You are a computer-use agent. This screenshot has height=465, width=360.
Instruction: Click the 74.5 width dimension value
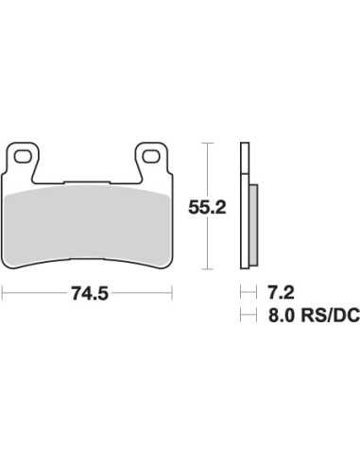(90, 293)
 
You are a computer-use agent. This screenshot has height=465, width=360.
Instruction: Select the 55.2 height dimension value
(207, 207)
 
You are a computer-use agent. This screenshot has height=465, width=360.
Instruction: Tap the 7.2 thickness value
(281, 292)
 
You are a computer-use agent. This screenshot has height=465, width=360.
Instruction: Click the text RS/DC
(330, 315)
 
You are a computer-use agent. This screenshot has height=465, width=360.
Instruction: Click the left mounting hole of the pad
(23, 157)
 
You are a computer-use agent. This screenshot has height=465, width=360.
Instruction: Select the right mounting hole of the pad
(151, 157)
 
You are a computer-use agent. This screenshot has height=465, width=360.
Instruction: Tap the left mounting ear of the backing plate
(23, 161)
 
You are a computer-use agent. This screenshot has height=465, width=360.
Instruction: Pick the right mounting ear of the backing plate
(152, 161)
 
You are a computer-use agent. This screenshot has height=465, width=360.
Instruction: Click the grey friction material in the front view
(87, 226)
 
